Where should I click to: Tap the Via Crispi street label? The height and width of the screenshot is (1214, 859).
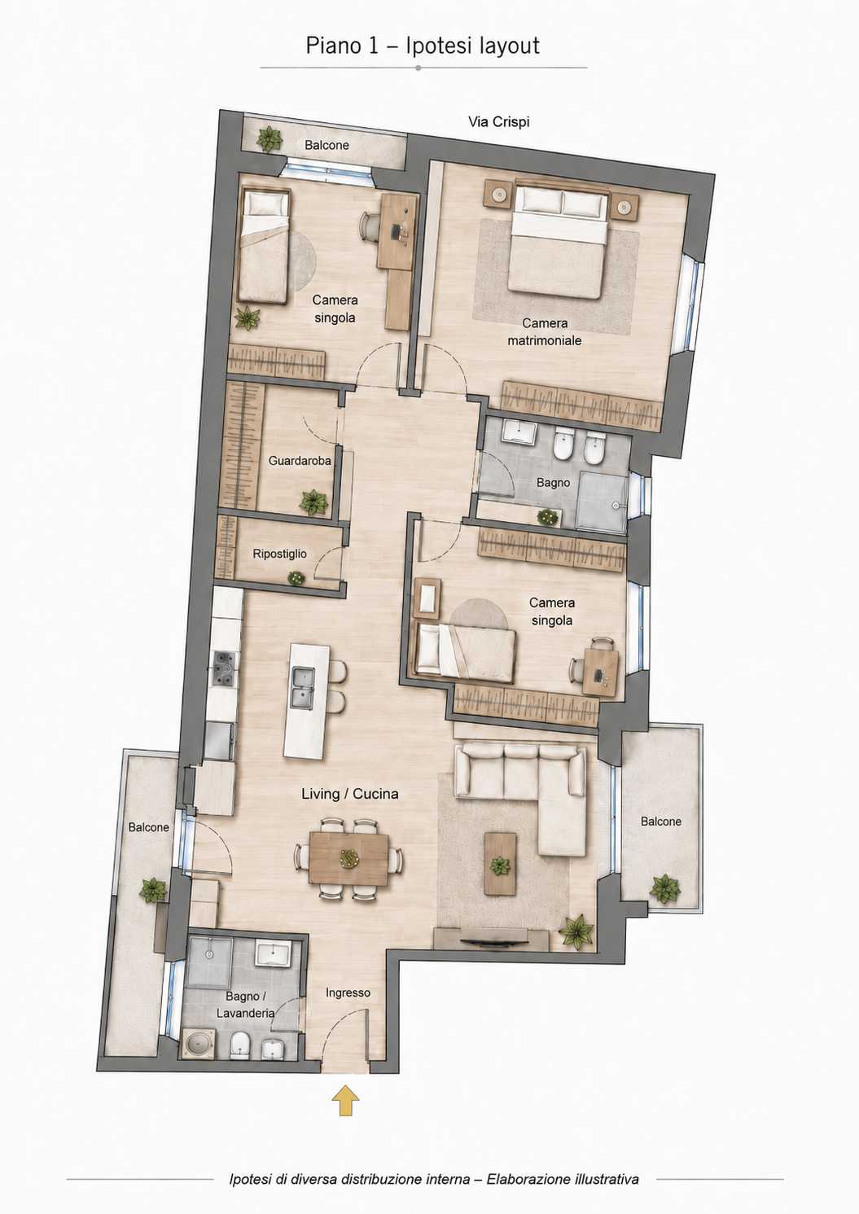tap(498, 122)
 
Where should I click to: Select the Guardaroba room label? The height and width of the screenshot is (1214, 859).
tap(300, 461)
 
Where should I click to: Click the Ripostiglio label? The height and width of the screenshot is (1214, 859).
tap(279, 554)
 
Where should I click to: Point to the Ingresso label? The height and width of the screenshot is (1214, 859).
tap(348, 993)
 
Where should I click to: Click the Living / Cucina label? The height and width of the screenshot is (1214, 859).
tap(349, 794)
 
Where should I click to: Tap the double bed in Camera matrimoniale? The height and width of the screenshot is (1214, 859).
tap(557, 243)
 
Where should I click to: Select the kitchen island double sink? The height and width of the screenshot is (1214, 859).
tap(303, 688)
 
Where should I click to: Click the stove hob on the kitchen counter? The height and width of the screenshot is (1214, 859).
tap(225, 668)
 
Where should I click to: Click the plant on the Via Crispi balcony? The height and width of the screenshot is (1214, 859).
tap(269, 139)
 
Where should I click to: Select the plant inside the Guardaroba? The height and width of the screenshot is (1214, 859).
tap(313, 502)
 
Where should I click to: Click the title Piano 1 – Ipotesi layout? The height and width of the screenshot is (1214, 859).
tap(423, 46)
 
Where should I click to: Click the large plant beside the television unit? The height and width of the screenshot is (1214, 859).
tap(576, 931)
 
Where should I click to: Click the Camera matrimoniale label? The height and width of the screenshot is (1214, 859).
tap(545, 331)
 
